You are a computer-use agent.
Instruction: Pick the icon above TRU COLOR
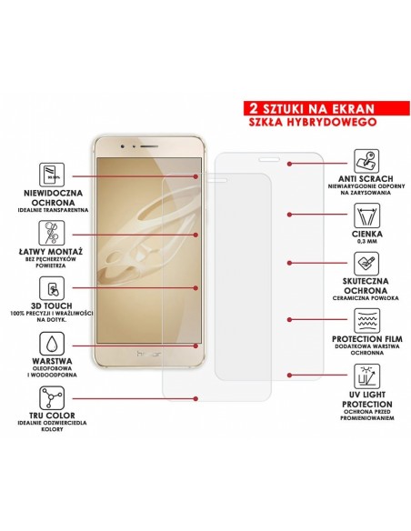55,399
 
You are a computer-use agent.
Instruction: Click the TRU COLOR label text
55,422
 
